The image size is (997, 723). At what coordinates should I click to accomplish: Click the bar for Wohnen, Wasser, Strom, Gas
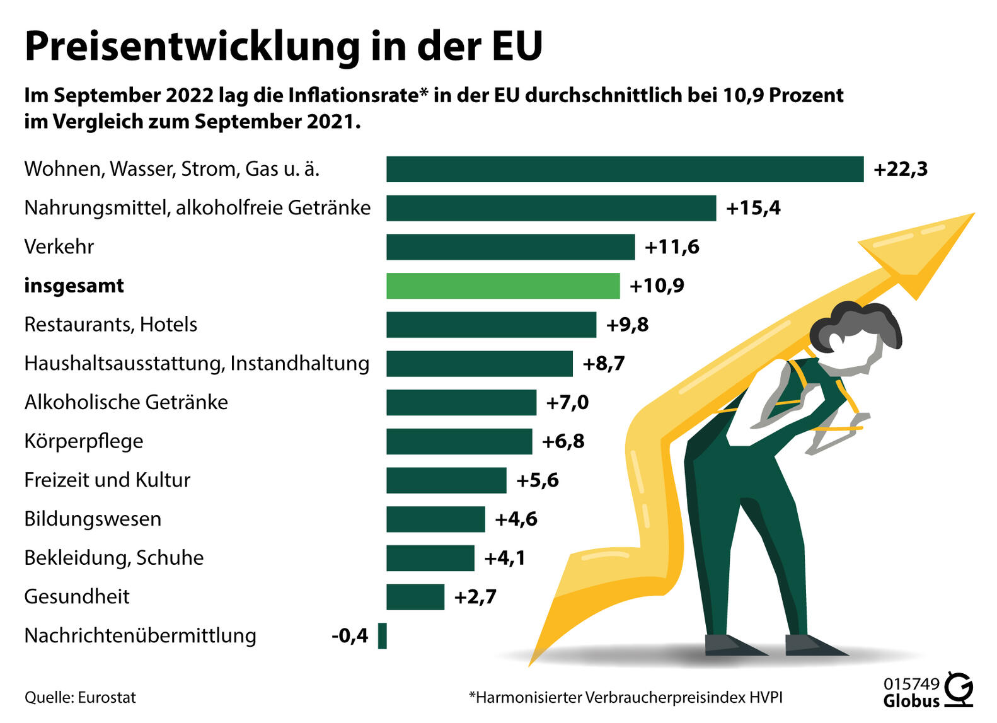(x=624, y=169)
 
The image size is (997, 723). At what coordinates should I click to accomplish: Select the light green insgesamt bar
(x=502, y=286)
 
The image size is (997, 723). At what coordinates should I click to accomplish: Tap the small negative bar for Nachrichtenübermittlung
(x=382, y=635)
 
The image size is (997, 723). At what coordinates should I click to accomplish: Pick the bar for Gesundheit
(x=415, y=597)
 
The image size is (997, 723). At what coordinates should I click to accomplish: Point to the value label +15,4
(x=753, y=208)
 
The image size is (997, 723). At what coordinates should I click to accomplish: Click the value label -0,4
(x=350, y=635)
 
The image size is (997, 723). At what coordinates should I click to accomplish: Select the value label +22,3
(x=900, y=169)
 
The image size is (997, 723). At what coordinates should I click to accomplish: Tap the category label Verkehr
(x=59, y=246)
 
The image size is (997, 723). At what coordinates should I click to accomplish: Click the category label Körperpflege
(x=83, y=441)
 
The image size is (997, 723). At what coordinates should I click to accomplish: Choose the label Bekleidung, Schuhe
(x=113, y=558)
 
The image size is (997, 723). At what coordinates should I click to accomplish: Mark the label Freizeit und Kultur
(x=107, y=480)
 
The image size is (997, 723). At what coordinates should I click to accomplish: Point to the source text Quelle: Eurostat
(x=80, y=698)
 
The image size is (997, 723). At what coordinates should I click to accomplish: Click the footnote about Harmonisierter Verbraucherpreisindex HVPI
(x=625, y=698)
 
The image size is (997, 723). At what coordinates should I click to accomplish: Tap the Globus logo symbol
(x=959, y=689)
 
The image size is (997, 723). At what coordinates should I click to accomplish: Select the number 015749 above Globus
(x=911, y=684)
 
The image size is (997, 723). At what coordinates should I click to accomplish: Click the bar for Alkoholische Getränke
(x=461, y=402)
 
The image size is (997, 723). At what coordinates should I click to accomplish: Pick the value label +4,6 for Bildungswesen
(x=516, y=519)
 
